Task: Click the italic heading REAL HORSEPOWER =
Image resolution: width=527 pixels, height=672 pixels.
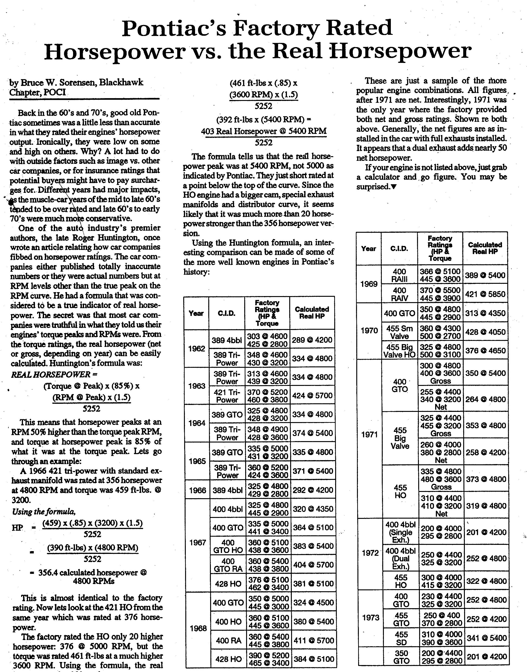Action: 54,375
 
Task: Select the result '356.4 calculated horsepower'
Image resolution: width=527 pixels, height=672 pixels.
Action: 88,573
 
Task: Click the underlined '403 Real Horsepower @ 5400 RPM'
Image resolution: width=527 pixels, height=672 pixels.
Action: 263,131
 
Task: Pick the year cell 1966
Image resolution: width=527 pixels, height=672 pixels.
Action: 197,490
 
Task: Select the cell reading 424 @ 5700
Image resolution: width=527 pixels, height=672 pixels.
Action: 312,396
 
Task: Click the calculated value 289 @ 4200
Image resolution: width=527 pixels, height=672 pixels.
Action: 312,340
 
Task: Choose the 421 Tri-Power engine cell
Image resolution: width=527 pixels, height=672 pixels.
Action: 227,396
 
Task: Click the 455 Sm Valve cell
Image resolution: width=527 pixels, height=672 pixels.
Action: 400,332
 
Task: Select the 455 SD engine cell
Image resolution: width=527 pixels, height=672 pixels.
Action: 401,638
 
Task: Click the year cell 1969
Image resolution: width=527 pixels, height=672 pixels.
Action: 369,284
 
